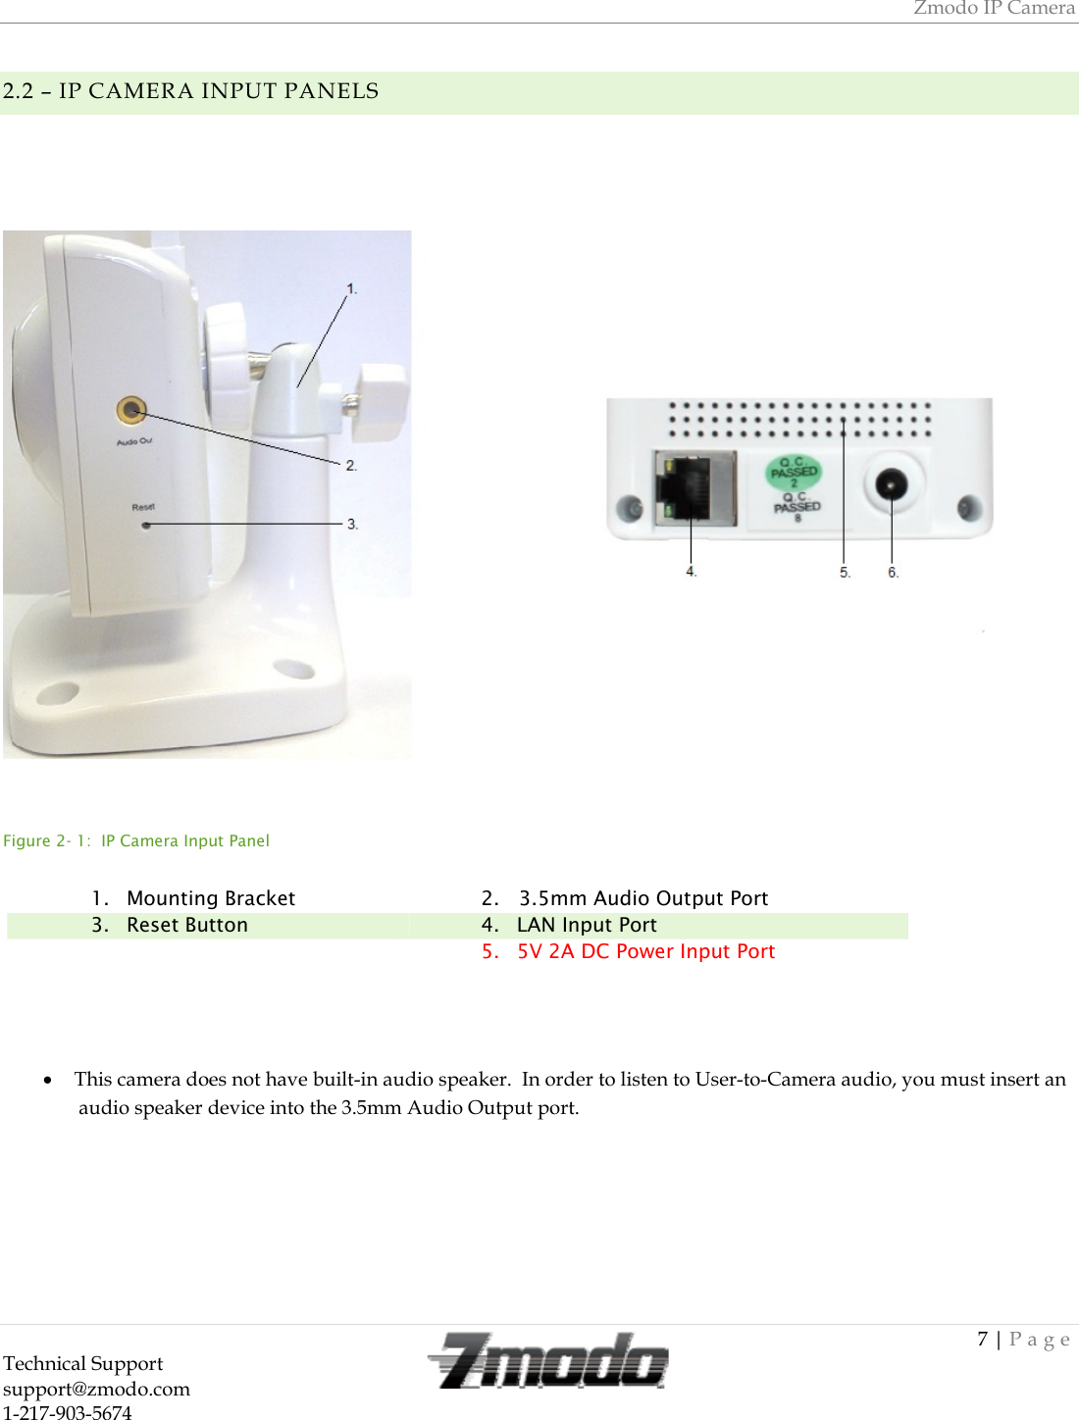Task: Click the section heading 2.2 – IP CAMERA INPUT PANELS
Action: pyautogui.click(x=190, y=91)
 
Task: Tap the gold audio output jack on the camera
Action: pyautogui.click(x=131, y=410)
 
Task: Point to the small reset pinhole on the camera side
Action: pyautogui.click(x=147, y=525)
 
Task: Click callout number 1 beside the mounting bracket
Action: pyautogui.click(x=351, y=289)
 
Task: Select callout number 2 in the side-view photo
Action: pyautogui.click(x=351, y=465)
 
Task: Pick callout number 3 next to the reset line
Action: pyautogui.click(x=352, y=524)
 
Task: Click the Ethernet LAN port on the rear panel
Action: pyautogui.click(x=694, y=485)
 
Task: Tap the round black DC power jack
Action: pyautogui.click(x=891, y=484)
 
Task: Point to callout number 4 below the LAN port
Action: pyautogui.click(x=691, y=571)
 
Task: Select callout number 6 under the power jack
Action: pyautogui.click(x=893, y=572)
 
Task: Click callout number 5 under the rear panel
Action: pyautogui.click(x=845, y=572)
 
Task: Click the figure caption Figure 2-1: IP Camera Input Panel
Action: pyautogui.click(x=136, y=840)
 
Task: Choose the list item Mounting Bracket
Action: pyautogui.click(x=210, y=898)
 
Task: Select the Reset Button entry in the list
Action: pyautogui.click(x=186, y=925)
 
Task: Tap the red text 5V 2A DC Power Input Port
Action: pyautogui.click(x=645, y=951)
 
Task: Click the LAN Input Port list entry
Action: pyautogui.click(x=586, y=925)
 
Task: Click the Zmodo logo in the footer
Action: pyautogui.click(x=547, y=1361)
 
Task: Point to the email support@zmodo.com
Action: pyautogui.click(x=96, y=1389)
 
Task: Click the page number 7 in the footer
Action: pyautogui.click(x=982, y=1339)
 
